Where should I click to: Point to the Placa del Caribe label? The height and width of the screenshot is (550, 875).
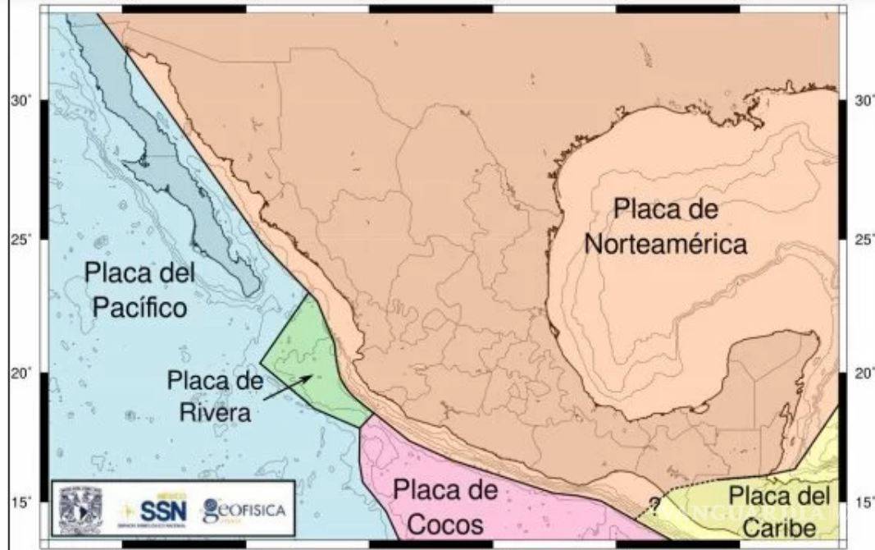[778, 511]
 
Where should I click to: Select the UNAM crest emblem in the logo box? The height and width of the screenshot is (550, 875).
[79, 511]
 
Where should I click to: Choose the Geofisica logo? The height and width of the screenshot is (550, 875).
[245, 510]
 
